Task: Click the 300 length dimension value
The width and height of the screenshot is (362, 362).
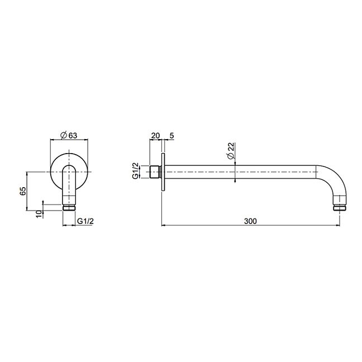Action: coord(250,221)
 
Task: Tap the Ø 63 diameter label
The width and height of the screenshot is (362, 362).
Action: coord(69,135)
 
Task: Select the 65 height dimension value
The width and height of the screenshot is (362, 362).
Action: coord(23,191)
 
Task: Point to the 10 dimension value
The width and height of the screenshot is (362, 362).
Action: coord(40,213)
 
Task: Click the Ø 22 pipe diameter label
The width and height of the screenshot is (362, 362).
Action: coord(231,151)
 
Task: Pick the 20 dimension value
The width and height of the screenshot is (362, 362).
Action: coord(155,136)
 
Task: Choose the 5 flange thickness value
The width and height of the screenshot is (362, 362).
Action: coord(172,136)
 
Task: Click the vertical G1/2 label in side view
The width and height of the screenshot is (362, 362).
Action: coord(136,170)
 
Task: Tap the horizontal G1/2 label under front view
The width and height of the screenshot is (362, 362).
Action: coord(85,221)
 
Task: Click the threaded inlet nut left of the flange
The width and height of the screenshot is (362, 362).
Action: coord(155,172)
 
